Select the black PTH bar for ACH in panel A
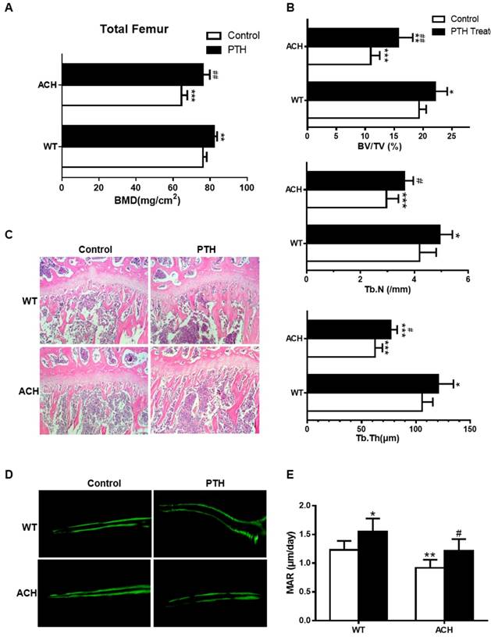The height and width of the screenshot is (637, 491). click(133, 73)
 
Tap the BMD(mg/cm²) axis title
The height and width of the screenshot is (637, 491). click(155, 201)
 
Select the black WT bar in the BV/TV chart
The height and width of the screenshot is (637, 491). click(372, 91)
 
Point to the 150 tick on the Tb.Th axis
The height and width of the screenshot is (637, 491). click(470, 428)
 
